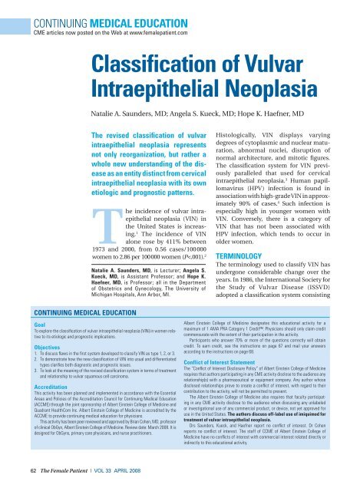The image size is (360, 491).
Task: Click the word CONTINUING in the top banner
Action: click(38, 8)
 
